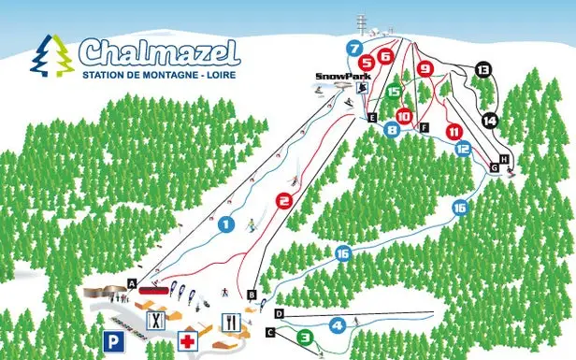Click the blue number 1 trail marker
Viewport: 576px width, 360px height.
pyautogui.click(x=225, y=223)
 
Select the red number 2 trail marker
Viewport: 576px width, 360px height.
pyautogui.click(x=284, y=199)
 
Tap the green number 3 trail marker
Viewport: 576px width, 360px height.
pyautogui.click(x=304, y=337)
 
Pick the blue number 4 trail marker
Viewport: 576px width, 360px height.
pyautogui.click(x=338, y=325)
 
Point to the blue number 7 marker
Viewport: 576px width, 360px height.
pyautogui.click(x=353, y=48)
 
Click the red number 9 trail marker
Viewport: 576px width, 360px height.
pyautogui.click(x=425, y=68)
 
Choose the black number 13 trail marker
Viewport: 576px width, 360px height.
pyautogui.click(x=482, y=69)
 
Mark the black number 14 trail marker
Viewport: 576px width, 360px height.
pyautogui.click(x=491, y=120)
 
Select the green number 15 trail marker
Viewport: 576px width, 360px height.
pyautogui.click(x=394, y=92)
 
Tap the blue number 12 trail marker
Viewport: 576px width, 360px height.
pyautogui.click(x=462, y=148)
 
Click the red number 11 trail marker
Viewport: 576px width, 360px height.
pyautogui.click(x=455, y=130)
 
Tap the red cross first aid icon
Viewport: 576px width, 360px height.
pyautogui.click(x=189, y=340)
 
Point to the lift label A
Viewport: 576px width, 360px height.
pyautogui.click(x=133, y=282)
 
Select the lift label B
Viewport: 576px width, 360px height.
pyautogui.click(x=252, y=295)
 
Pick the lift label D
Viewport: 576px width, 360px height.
pyautogui.click(x=279, y=313)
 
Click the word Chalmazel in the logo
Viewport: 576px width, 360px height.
pyautogui.click(x=159, y=50)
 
